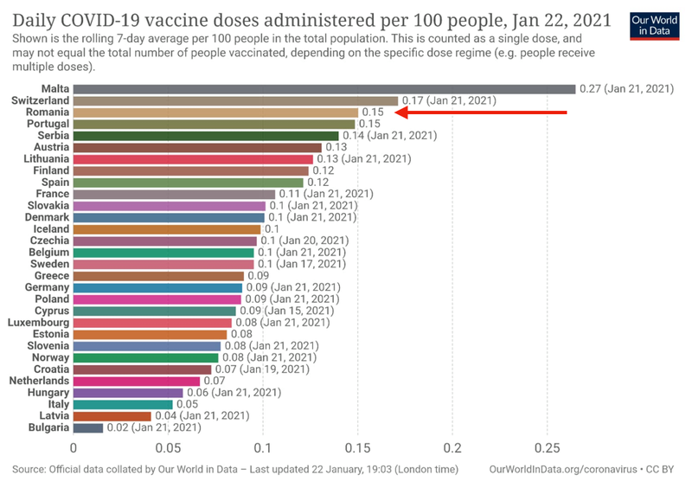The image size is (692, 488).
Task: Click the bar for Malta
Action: coord(324,89)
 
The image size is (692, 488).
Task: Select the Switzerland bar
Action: coord(235,100)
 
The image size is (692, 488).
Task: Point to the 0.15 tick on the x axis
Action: coord(357,449)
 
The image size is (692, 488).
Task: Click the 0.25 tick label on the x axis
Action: coord(547,449)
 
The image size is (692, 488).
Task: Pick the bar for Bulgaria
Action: coord(88,427)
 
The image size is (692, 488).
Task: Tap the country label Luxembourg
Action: coord(40,322)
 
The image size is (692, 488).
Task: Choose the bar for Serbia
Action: coord(206,136)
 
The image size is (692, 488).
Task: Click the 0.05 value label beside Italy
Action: coord(189,404)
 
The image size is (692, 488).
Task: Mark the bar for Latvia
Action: coord(112,415)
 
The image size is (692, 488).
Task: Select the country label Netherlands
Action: coord(40,381)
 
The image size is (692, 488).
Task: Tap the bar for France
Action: coord(174,194)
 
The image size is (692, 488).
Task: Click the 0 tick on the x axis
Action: coord(74,449)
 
